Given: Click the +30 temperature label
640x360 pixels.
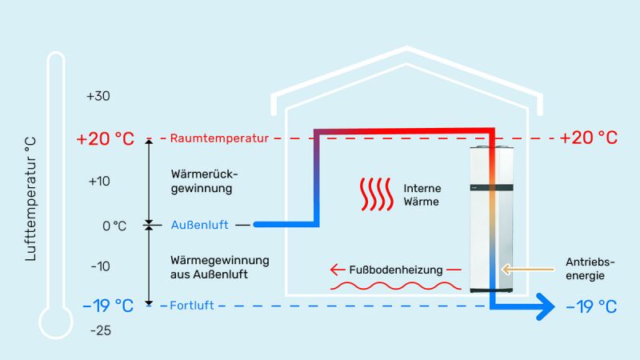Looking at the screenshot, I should coord(98,96).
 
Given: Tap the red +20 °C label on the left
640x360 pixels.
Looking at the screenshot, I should coord(105,138).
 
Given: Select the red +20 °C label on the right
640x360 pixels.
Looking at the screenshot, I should coord(589,138).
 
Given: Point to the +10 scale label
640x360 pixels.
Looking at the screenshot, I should coord(98,181).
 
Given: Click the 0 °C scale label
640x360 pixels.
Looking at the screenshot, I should coord(114,226).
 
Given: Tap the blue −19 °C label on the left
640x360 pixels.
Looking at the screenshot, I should coord(107,306).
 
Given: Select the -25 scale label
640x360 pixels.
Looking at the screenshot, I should coord(100,330).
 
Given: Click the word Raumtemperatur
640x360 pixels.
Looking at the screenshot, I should coord(218,138).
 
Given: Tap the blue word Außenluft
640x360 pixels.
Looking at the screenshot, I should coord(200,226).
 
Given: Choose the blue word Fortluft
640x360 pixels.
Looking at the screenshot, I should coord(193,306).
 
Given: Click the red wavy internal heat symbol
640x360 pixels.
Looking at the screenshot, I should coord(375,194).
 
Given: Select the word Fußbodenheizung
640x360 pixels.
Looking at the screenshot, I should coord(397,270).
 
